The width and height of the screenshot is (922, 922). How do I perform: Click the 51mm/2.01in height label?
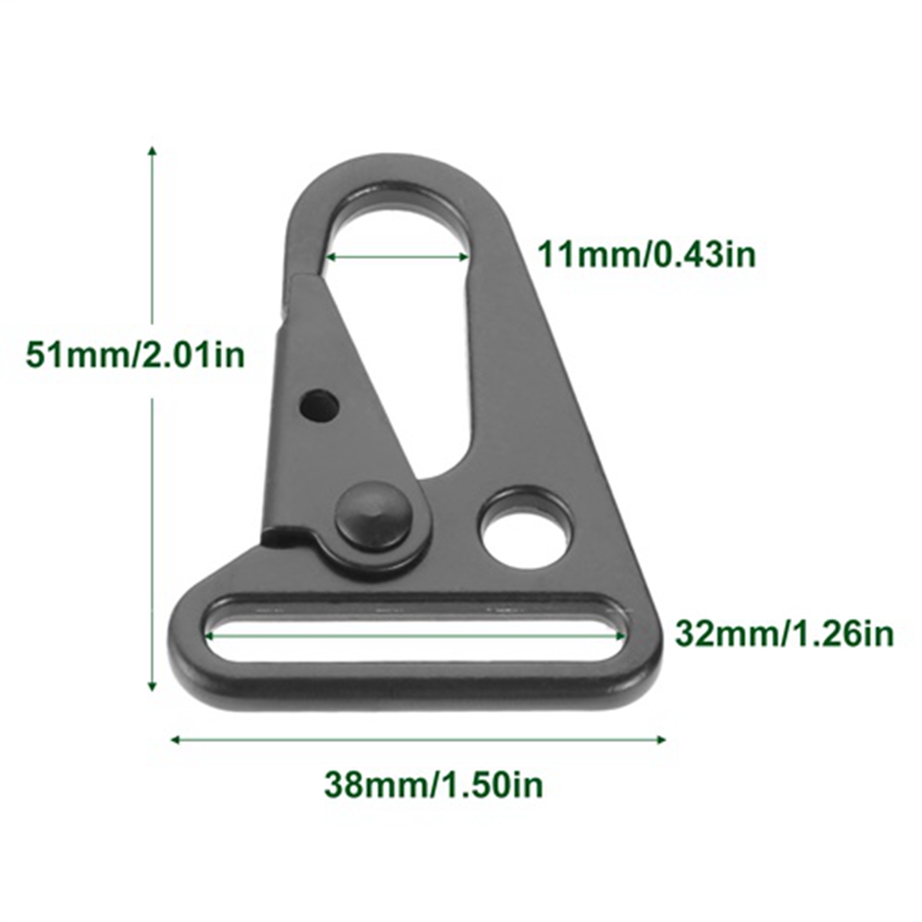coord(135,355)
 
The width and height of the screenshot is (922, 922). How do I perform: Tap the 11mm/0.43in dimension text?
coord(647,254)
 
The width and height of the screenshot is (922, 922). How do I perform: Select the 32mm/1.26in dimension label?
coord(784,633)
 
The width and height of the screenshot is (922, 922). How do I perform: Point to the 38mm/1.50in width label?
coord(433,785)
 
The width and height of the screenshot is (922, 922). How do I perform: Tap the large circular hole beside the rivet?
coord(526,527)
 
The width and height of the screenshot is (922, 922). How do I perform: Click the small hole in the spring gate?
coord(320,405)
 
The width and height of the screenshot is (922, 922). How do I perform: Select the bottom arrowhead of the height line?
coord(152,684)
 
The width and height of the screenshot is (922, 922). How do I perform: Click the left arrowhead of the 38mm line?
coord(175,739)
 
